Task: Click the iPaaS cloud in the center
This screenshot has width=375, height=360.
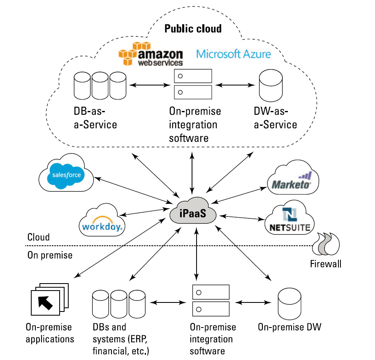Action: pyautogui.click(x=193, y=211)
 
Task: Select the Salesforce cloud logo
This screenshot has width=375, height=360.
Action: pyautogui.click(x=66, y=173)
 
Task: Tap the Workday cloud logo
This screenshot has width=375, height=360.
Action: pyautogui.click(x=102, y=220)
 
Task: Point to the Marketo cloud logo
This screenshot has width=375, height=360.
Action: pyautogui.click(x=293, y=178)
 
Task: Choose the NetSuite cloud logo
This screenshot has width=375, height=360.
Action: pyautogui.click(x=289, y=217)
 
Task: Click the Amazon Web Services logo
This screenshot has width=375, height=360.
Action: pyautogui.click(x=150, y=54)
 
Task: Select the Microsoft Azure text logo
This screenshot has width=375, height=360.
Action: pyautogui.click(x=234, y=54)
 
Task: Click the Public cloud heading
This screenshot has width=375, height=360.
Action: pyautogui.click(x=193, y=29)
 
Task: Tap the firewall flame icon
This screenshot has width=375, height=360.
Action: pyautogui.click(x=326, y=244)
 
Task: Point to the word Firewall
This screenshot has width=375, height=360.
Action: pyautogui.click(x=326, y=264)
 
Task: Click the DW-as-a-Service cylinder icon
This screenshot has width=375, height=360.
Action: pyautogui.click(x=271, y=85)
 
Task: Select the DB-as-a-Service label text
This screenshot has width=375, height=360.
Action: pyautogui.click(x=95, y=118)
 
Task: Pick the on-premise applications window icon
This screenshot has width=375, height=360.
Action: pyautogui.click(x=50, y=299)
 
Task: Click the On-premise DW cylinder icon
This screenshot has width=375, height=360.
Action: pyautogui.click(x=289, y=304)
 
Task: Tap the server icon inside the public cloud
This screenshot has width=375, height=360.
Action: pyautogui.click(x=193, y=84)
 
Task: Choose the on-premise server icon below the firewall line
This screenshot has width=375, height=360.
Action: pyautogui.click(x=211, y=300)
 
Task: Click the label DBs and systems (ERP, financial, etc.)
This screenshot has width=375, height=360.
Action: pyautogui.click(x=121, y=339)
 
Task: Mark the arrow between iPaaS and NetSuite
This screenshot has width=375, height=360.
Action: pyautogui.click(x=242, y=217)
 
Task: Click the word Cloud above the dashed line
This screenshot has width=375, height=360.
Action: pyautogui.click(x=39, y=237)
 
